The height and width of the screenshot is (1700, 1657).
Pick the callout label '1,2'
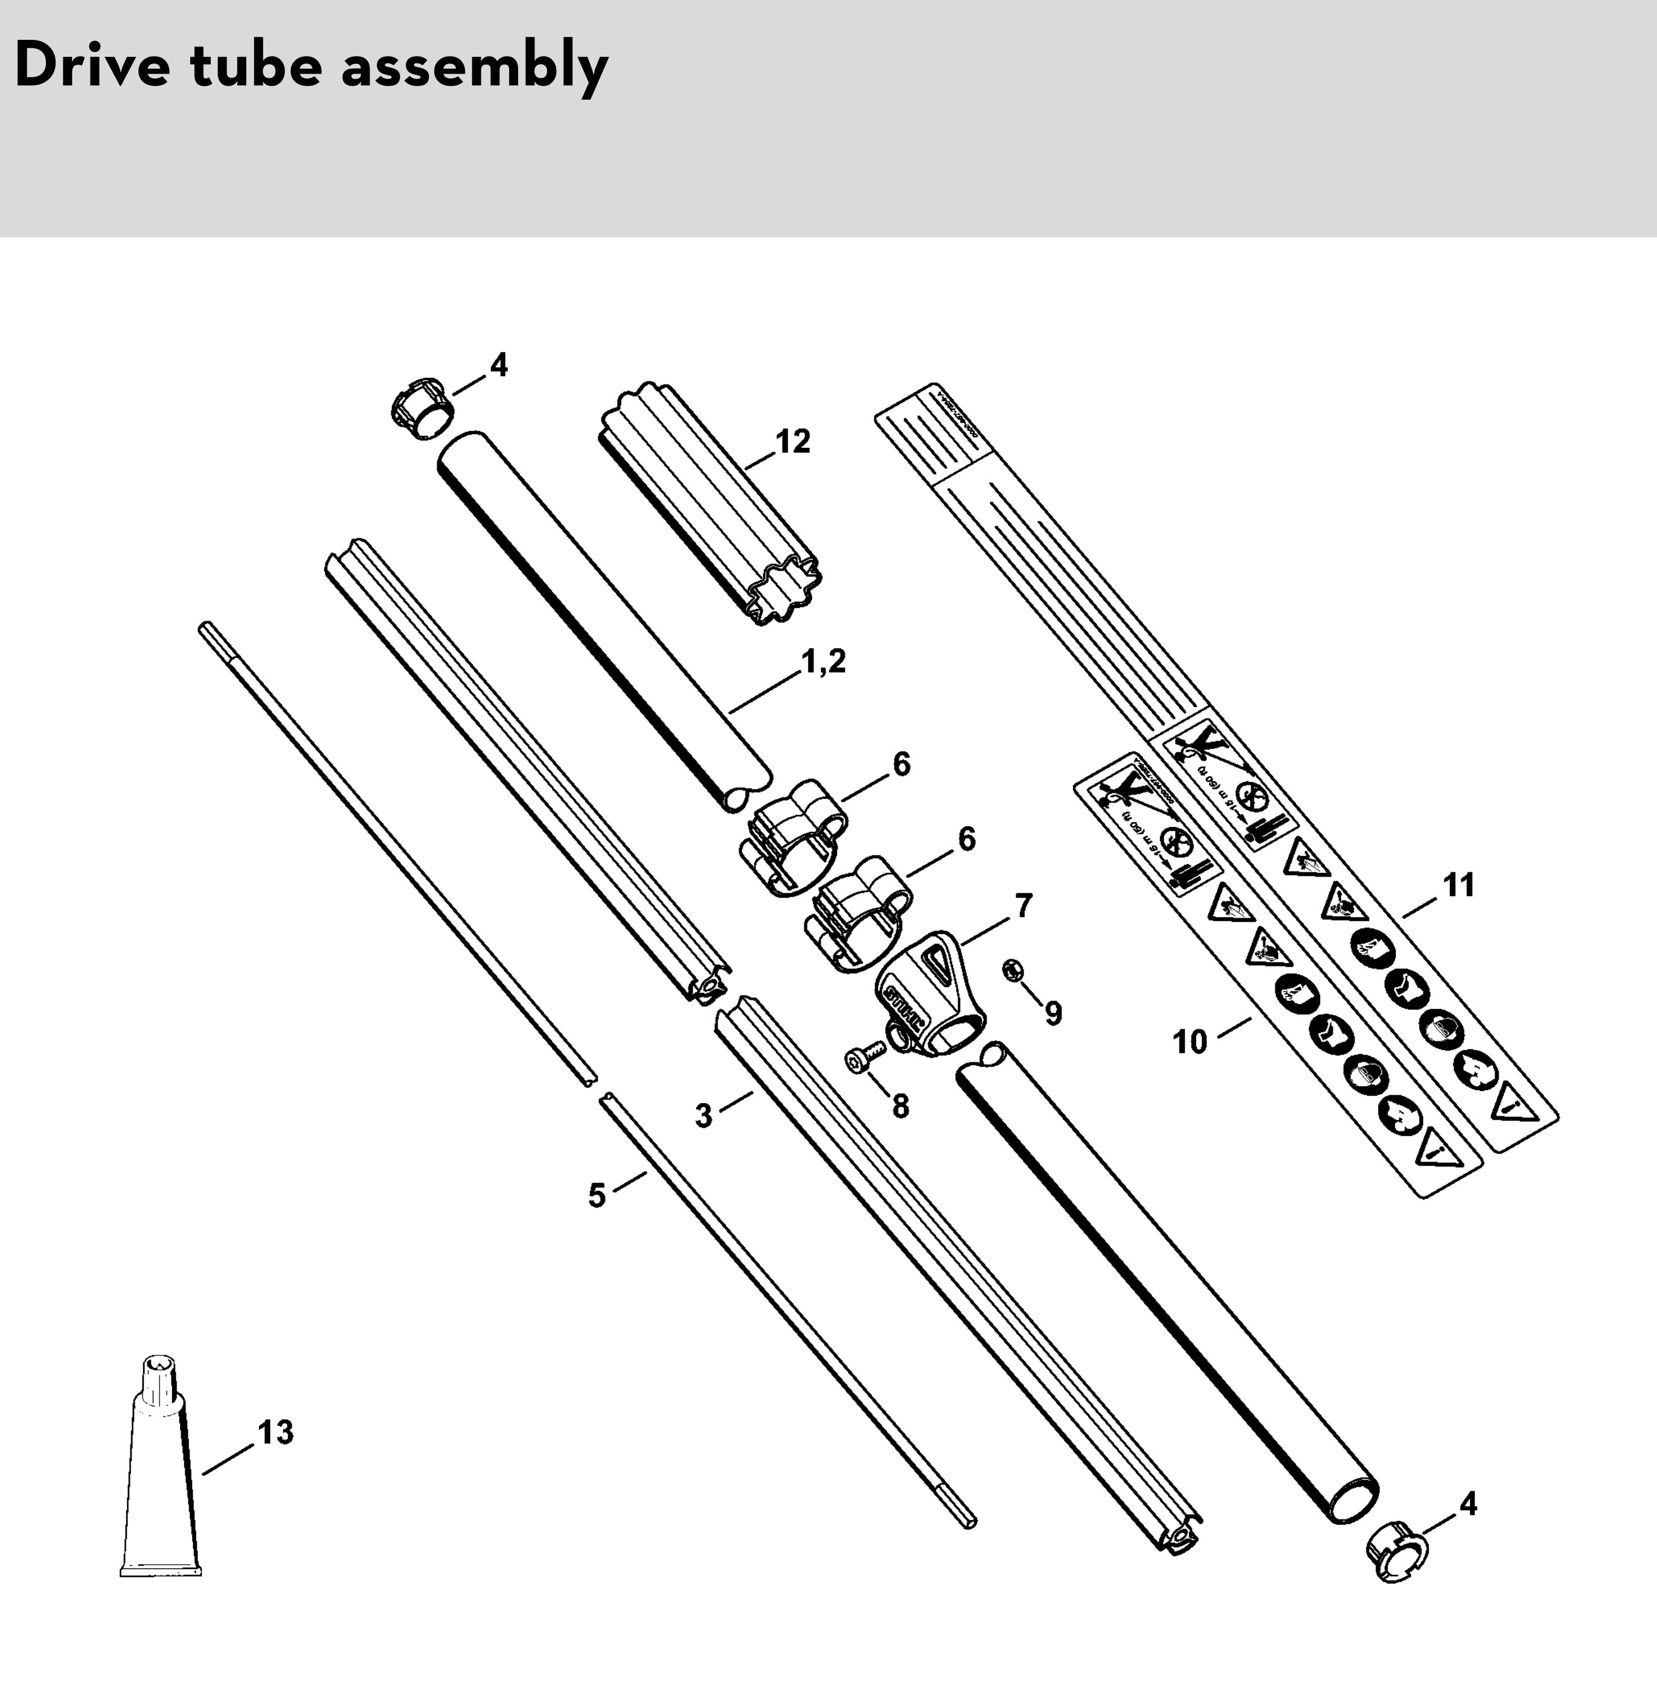pyautogui.click(x=822, y=662)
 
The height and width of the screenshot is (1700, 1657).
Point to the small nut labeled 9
pyautogui.click(x=1012, y=971)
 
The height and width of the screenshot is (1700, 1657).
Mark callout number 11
pyautogui.click(x=1460, y=886)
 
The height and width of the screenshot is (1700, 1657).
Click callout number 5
pyautogui.click(x=597, y=1195)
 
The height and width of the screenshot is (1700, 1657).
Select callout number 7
pyautogui.click(x=1024, y=907)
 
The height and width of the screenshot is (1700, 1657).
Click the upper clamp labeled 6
pyautogui.click(x=793, y=834)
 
